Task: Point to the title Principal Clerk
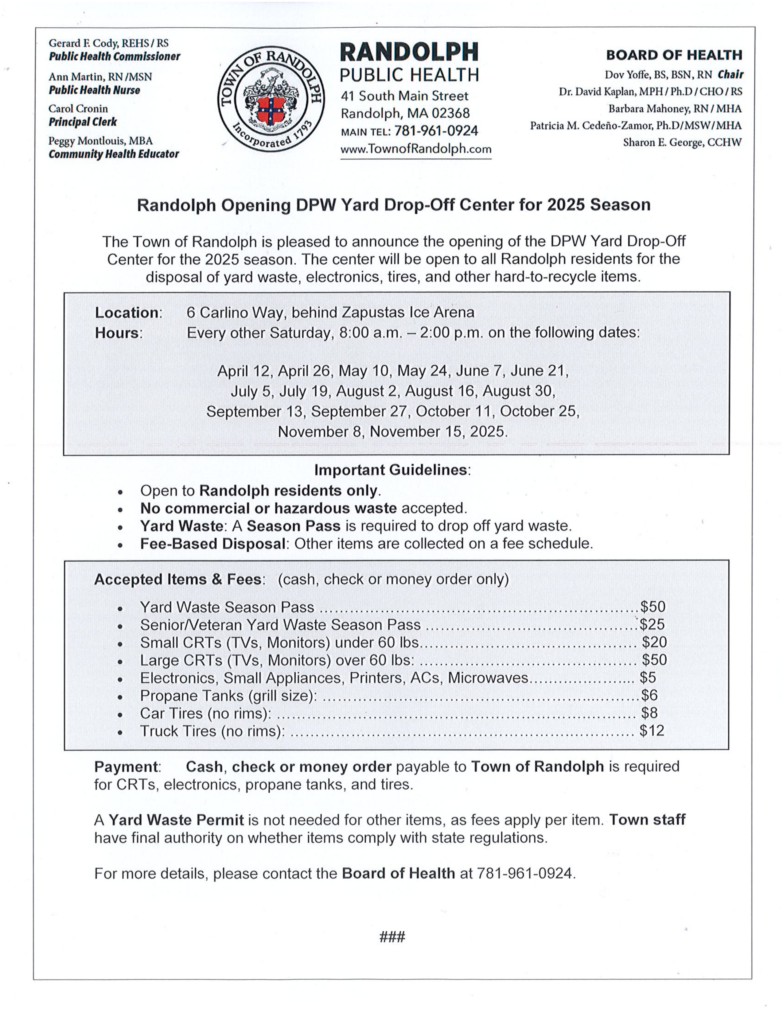pos(83,122)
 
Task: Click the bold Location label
pos(127,312)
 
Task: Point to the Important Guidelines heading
pos(391,470)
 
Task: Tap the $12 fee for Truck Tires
pos(651,731)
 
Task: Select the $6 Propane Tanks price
pos(649,695)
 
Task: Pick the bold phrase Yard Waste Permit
pos(176,820)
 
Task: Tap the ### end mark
pos(392,937)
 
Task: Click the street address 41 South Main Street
pos(404,96)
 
